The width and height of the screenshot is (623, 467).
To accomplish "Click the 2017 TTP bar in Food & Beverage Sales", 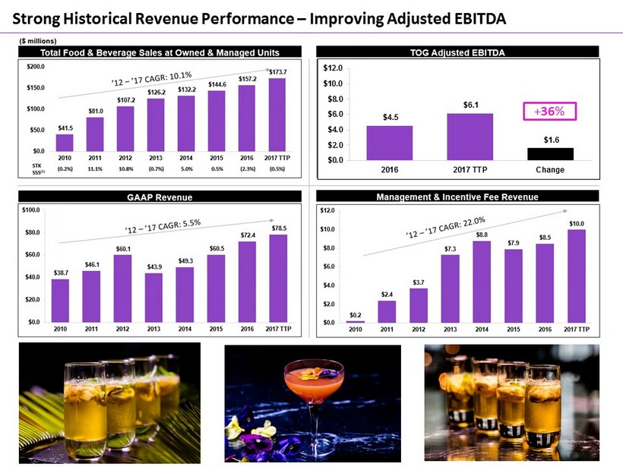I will [x=277, y=115].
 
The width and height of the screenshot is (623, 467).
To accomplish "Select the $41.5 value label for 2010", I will [x=65, y=129].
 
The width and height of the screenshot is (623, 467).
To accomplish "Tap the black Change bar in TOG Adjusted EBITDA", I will [x=551, y=153].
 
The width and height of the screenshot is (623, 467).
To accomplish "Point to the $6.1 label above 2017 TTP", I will [x=470, y=105].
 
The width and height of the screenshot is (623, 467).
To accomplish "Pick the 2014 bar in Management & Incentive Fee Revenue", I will [x=482, y=282].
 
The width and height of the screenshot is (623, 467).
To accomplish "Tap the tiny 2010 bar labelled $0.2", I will [x=356, y=321].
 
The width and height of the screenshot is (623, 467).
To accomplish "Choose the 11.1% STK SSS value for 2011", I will [x=96, y=169].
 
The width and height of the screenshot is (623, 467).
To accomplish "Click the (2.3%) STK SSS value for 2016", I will [x=248, y=169].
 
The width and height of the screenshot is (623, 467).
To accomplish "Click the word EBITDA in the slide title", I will [x=468, y=15].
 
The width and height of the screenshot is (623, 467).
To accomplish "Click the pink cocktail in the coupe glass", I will [x=307, y=389].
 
